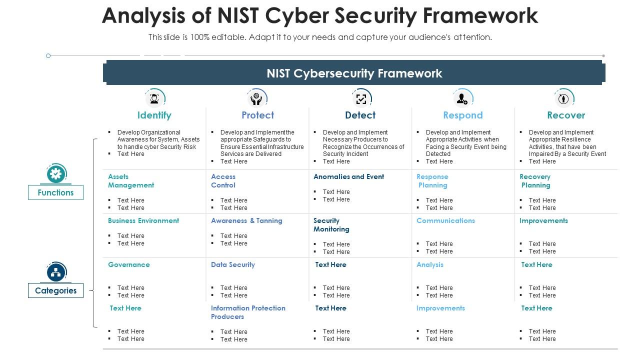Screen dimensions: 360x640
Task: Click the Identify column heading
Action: [x=154, y=115]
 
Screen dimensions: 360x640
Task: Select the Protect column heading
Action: [x=257, y=115]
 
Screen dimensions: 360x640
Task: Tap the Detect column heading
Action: [x=360, y=115]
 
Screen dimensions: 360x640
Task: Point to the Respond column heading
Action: [x=462, y=115]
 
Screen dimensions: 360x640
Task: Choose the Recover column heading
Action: [x=565, y=115]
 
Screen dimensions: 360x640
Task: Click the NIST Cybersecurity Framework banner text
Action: [x=354, y=73]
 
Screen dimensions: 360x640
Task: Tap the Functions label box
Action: [x=55, y=192]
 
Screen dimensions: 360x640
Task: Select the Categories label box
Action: [x=55, y=290]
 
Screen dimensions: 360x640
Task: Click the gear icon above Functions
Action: [x=55, y=174]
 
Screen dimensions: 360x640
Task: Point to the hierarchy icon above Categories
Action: [x=55, y=272]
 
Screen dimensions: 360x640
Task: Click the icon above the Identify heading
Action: [x=154, y=98]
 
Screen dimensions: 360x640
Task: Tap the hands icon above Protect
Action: [x=257, y=98]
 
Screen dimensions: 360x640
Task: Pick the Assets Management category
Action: [x=131, y=181]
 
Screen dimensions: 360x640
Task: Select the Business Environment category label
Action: [x=143, y=220]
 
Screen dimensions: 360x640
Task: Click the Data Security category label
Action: [x=233, y=264]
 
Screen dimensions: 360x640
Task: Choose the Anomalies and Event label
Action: [x=348, y=176]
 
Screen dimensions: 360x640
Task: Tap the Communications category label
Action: [x=445, y=220]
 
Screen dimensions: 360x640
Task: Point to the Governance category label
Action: [x=129, y=264]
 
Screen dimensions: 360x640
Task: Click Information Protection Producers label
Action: [x=248, y=312]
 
